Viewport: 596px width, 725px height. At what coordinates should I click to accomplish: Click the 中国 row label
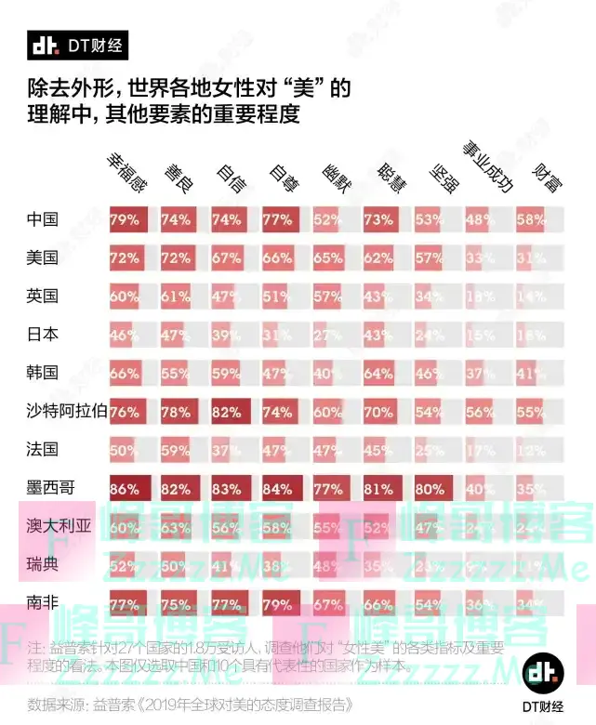coord(43,220)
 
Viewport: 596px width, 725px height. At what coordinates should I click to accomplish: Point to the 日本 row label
coord(43,334)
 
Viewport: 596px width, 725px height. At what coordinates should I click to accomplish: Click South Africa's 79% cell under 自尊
coord(278,602)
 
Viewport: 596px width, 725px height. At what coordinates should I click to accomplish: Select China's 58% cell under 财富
coord(532,220)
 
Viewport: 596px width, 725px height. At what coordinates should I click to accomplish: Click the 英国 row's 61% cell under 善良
coord(177,297)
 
